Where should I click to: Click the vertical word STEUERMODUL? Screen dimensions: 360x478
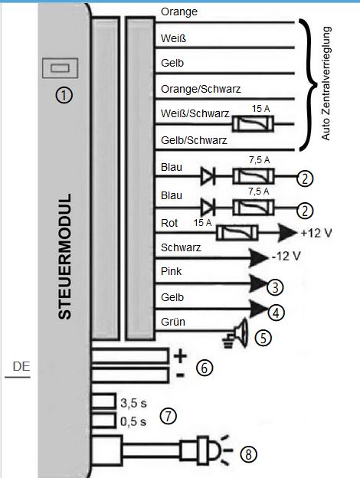click(64, 257)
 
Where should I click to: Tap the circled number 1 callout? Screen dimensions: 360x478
click(64, 96)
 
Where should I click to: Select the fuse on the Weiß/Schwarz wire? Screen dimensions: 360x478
click(253, 124)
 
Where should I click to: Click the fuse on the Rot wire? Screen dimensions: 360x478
click(237, 233)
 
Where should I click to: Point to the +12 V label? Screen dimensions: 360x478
click(316, 233)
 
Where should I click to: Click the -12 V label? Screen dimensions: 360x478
click(286, 256)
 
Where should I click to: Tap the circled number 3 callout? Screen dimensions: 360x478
click(275, 286)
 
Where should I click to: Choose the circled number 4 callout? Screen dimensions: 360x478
click(277, 313)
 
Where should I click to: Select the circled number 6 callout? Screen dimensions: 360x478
click(205, 368)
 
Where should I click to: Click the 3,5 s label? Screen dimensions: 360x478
click(133, 403)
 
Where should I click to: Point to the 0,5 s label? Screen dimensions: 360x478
click(133, 421)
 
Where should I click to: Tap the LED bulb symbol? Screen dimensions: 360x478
click(208, 450)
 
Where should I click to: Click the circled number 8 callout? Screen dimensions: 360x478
click(249, 454)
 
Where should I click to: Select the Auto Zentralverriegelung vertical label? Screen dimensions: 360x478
click(326, 83)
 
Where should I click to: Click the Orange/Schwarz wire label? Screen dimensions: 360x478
click(201, 89)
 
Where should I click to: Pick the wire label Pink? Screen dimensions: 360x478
click(172, 271)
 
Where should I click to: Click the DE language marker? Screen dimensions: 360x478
click(21, 366)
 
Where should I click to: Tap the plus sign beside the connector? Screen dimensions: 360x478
click(180, 355)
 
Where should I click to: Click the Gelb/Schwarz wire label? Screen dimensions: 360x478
click(195, 140)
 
